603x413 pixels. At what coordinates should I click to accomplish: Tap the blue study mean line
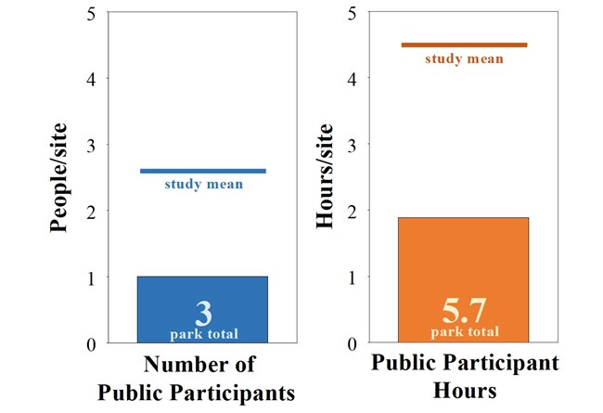[202, 171]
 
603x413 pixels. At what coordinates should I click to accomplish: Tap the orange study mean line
[464, 45]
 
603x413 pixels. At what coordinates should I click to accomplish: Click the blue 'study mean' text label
[204, 184]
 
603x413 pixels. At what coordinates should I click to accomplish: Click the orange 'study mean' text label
[464, 59]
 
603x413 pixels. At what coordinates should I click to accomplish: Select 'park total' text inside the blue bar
[203, 332]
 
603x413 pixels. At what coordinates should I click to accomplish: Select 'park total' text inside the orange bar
[463, 331]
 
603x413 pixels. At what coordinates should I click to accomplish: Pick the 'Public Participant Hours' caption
[466, 375]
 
